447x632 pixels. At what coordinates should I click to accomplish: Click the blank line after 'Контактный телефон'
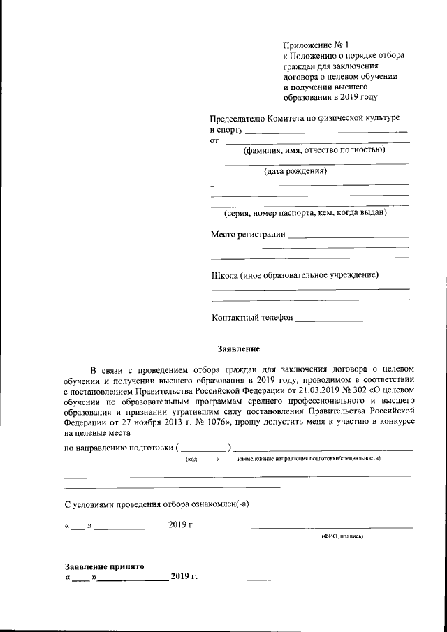pos(349,321)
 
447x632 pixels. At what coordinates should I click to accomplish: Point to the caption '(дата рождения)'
pos(295,171)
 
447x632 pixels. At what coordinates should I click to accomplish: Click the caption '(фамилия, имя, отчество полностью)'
pos(310,150)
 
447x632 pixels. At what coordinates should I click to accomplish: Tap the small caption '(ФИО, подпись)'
pos(342,536)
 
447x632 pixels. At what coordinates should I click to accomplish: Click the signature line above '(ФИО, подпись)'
pos(331,527)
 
